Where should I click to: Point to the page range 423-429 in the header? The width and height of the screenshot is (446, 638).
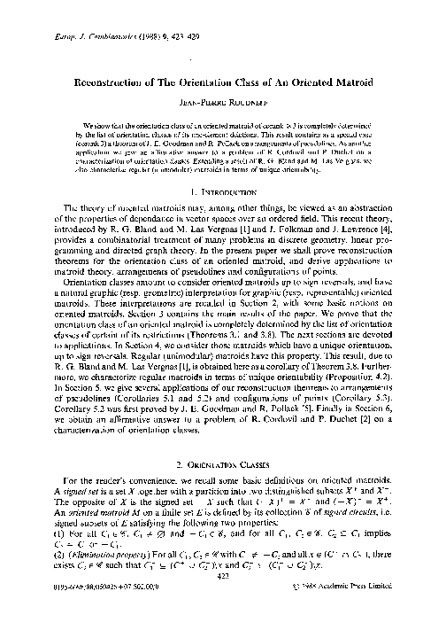pyautogui.click(x=137, y=15)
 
